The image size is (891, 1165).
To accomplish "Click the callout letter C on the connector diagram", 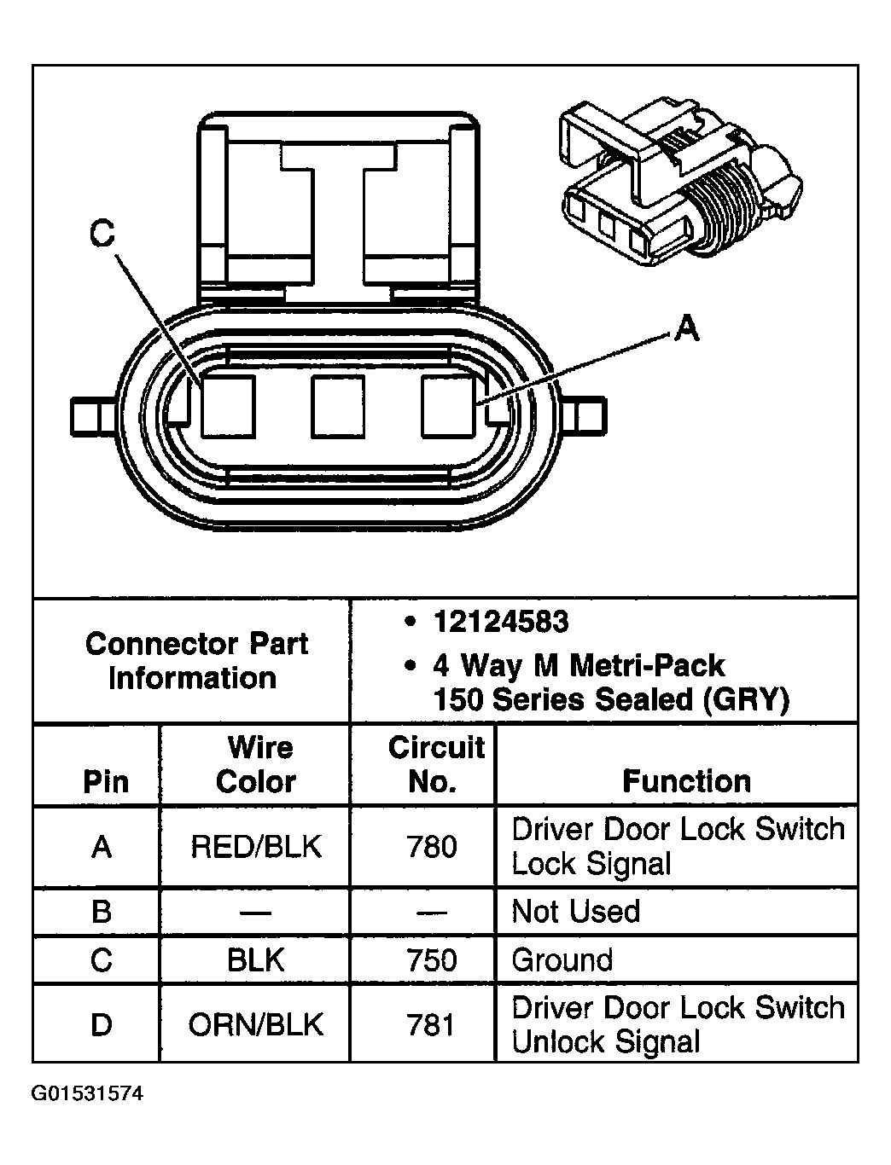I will click(102, 233).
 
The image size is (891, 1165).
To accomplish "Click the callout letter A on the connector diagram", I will click(686, 327).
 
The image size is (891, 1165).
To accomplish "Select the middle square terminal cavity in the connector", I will click(338, 406).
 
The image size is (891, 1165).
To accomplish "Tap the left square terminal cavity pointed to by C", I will click(228, 406).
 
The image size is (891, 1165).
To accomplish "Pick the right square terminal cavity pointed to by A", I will click(448, 406).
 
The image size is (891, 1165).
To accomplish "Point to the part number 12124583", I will click(500, 622).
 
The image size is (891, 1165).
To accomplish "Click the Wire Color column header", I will click(256, 764).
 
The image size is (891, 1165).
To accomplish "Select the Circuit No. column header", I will click(435, 764).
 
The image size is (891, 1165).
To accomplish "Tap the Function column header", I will click(686, 781).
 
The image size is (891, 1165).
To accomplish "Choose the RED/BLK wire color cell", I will click(256, 847).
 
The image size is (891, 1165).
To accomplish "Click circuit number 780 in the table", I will click(433, 847).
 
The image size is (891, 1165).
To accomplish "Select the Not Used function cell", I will click(575, 912).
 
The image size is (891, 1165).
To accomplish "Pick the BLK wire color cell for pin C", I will click(256, 960).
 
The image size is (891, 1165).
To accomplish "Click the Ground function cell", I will click(562, 960).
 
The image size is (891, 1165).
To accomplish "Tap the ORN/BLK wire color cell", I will click(256, 1024).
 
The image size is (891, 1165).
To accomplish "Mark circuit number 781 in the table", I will click(433, 1024).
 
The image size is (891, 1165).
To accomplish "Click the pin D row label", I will click(101, 1024).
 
